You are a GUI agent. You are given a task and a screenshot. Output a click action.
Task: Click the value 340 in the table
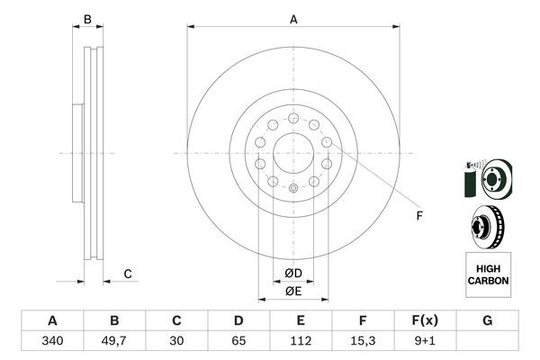[x=51, y=342]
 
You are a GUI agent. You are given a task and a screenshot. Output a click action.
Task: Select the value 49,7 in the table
[x=113, y=342]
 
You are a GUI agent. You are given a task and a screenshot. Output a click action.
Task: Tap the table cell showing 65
[x=238, y=342]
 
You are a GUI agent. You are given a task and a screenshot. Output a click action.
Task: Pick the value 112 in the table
[x=301, y=342]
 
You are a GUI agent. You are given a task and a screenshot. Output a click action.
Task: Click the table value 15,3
[x=363, y=342]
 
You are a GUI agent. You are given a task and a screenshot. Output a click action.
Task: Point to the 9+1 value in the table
[x=425, y=342]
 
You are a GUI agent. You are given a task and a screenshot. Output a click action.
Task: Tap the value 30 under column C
[x=176, y=342]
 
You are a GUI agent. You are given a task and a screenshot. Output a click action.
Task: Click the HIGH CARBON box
[x=488, y=274]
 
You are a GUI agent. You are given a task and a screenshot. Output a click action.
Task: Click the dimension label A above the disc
[x=293, y=18]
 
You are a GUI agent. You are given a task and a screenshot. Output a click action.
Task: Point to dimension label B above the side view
[x=87, y=19]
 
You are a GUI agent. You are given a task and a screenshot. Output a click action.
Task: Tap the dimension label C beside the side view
[x=129, y=274]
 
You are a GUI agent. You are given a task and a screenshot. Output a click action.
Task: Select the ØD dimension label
[x=293, y=274]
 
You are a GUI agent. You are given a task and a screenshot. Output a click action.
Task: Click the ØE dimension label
[x=293, y=291]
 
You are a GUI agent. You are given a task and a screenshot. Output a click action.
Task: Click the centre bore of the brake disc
[x=293, y=152]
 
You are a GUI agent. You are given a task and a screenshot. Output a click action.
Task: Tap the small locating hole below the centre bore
[x=293, y=188]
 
